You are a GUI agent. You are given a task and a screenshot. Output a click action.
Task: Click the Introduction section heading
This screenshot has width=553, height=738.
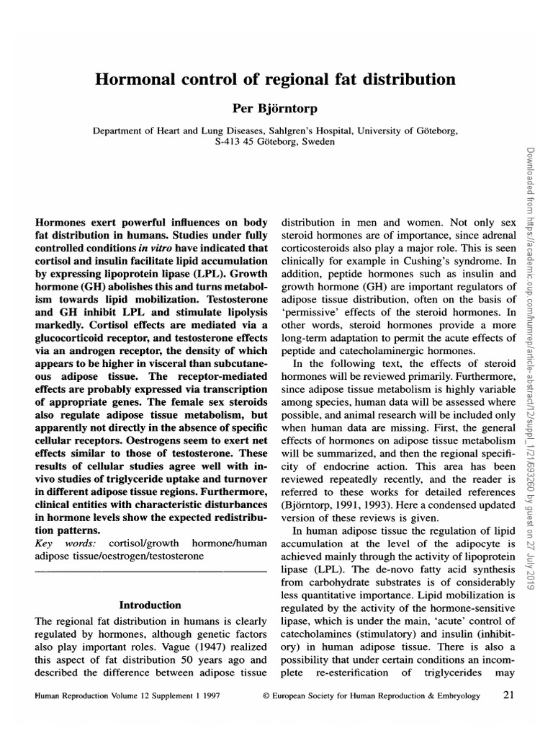pyautogui.click(x=150, y=605)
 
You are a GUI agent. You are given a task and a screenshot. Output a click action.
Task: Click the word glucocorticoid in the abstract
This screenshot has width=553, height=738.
pyautogui.click(x=69, y=332)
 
